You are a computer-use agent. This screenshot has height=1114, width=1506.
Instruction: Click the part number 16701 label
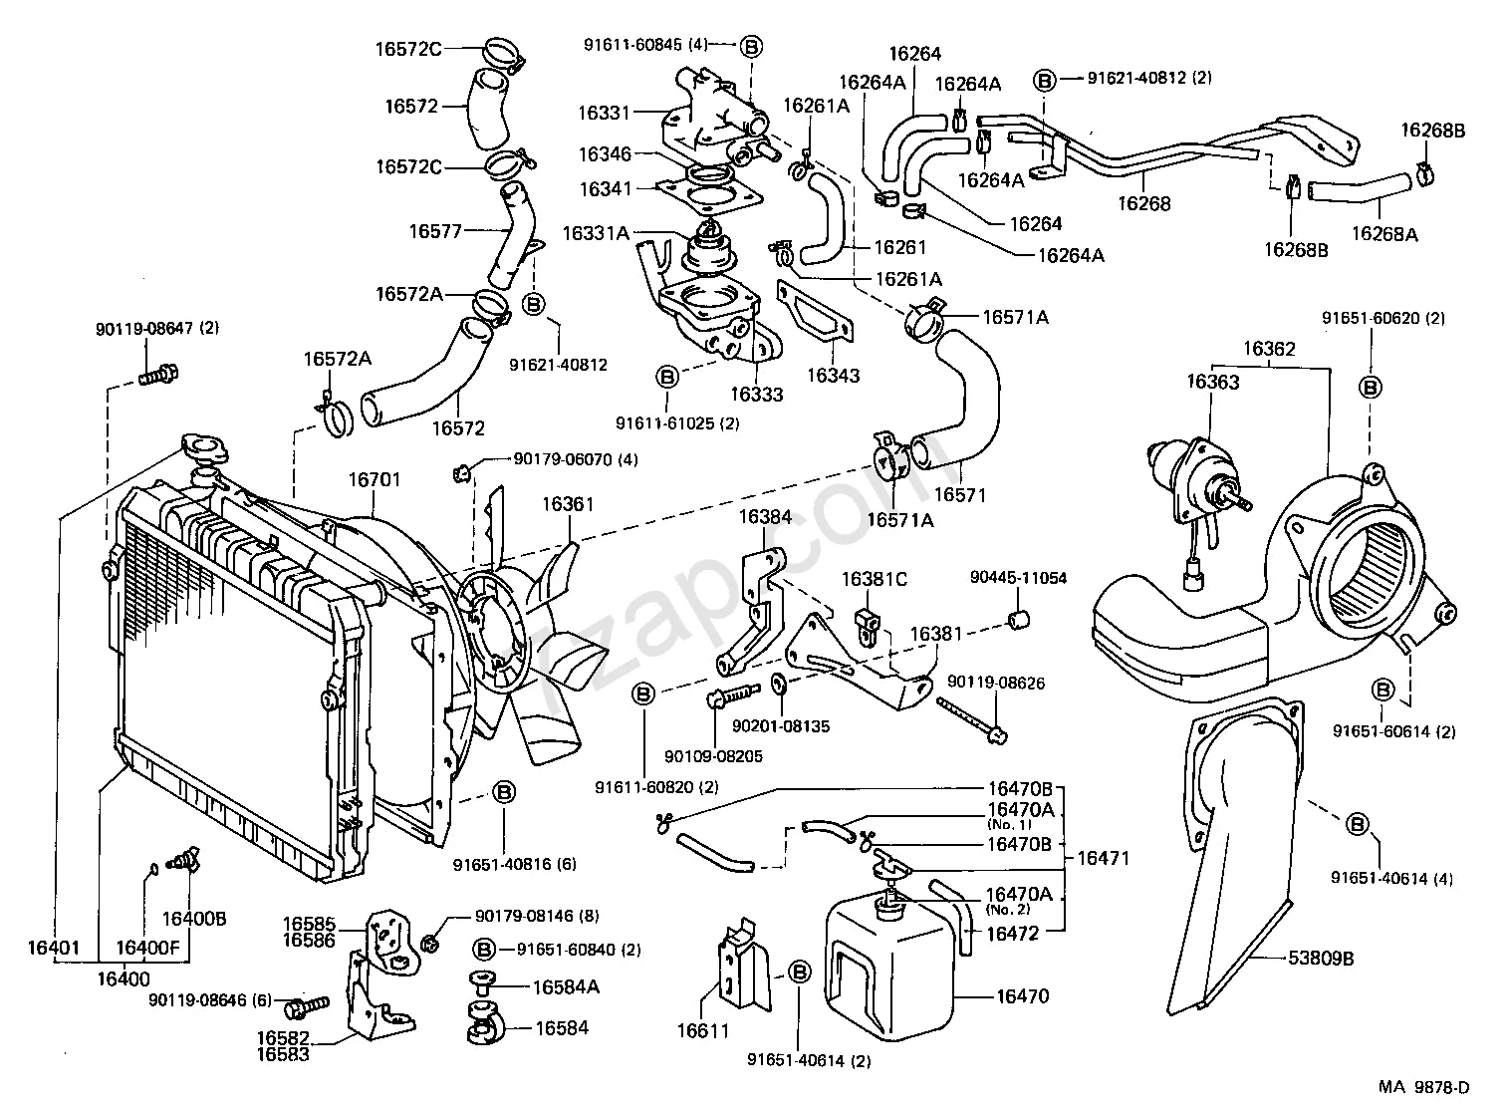[374, 479]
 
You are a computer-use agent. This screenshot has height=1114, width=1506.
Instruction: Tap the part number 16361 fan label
[568, 504]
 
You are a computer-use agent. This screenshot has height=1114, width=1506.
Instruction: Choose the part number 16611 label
[704, 1031]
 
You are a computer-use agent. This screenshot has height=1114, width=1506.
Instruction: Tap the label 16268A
[1384, 234]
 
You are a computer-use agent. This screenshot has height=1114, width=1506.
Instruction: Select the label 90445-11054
[1019, 578]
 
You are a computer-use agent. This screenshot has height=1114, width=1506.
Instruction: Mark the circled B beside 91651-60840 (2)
[485, 949]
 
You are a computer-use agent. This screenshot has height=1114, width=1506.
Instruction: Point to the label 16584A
[566, 986]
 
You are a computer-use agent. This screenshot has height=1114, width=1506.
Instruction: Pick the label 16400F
[147, 947]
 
